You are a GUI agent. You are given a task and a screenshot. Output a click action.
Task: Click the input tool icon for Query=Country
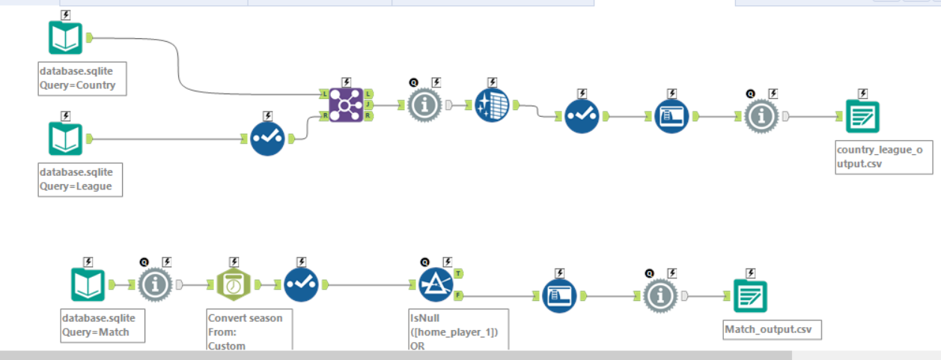66,37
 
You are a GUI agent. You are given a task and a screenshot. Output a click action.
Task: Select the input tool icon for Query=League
66,138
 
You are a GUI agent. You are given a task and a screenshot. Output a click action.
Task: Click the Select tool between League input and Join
268,138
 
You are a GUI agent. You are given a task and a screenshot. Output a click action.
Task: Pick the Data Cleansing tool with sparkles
493,106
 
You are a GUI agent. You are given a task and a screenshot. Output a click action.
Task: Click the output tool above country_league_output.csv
857,117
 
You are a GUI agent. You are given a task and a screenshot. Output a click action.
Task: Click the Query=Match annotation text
96,332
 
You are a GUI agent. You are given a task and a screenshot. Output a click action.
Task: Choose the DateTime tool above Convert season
234,285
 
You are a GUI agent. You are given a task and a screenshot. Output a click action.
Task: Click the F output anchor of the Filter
458,296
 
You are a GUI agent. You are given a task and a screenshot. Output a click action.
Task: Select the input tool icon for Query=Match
88,285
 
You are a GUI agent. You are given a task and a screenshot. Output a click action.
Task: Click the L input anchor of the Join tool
323,94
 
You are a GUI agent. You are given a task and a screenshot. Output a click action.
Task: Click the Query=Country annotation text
78,85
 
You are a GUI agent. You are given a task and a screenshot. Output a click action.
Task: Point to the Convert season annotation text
246,318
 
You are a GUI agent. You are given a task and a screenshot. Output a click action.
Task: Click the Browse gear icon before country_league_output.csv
762,117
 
